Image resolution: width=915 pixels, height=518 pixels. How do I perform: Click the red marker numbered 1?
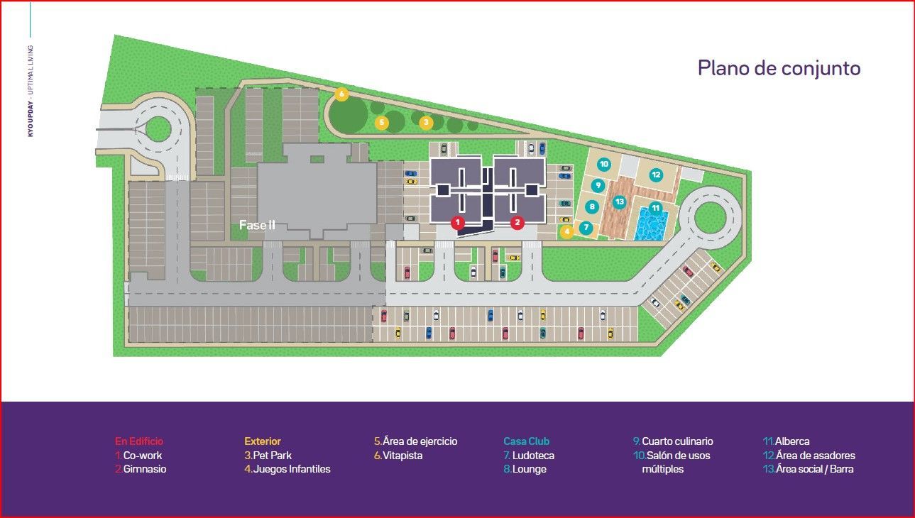458,223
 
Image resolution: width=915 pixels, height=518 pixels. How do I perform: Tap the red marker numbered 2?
517,223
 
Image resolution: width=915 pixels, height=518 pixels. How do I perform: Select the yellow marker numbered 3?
426,123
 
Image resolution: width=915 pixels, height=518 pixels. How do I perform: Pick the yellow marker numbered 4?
566,231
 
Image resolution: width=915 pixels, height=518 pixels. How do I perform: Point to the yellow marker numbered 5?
382,123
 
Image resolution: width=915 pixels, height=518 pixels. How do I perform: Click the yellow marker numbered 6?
341,94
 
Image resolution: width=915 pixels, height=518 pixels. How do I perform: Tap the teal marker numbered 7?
586,228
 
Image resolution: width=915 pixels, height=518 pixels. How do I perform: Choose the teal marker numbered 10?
603,164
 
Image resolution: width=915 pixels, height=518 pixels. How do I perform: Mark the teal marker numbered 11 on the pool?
655,208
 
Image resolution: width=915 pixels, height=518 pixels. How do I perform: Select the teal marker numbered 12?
655,174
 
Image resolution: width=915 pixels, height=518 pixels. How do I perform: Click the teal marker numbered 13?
619,202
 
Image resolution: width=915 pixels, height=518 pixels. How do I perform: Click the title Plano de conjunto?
779,68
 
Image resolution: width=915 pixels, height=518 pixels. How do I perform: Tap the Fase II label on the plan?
257,226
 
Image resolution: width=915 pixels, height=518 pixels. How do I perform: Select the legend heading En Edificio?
139,441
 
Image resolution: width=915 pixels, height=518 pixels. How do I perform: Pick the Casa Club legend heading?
526,441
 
